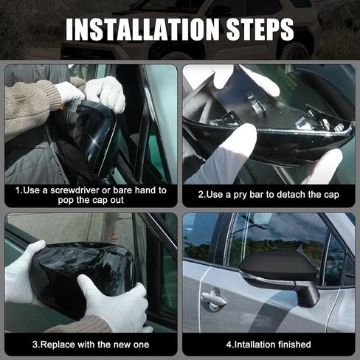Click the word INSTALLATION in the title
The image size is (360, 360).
pyautogui.click(x=142, y=29)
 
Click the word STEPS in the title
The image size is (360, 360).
pyautogui.click(x=260, y=29)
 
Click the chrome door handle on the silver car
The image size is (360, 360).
pyautogui.click(x=212, y=300)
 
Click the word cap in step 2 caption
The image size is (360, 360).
pyautogui.click(x=331, y=195)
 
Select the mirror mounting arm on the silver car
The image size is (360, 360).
pyautogui.click(x=308, y=294)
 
